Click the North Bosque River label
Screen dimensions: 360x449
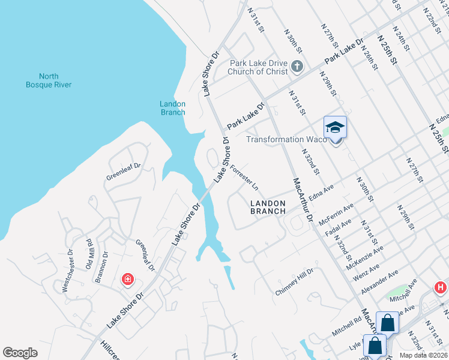point(49,80)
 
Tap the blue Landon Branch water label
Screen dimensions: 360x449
point(172,108)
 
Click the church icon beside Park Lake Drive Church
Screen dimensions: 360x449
point(297,66)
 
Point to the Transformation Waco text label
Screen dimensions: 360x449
point(287,139)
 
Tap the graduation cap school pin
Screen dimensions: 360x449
point(336,127)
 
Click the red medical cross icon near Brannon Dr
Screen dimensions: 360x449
point(127,279)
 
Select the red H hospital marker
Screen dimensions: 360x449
point(440,289)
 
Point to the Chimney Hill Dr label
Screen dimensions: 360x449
point(294,281)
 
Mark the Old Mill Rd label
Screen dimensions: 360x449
point(89,253)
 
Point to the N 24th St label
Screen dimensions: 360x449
point(402,37)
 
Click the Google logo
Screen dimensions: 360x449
point(20,352)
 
